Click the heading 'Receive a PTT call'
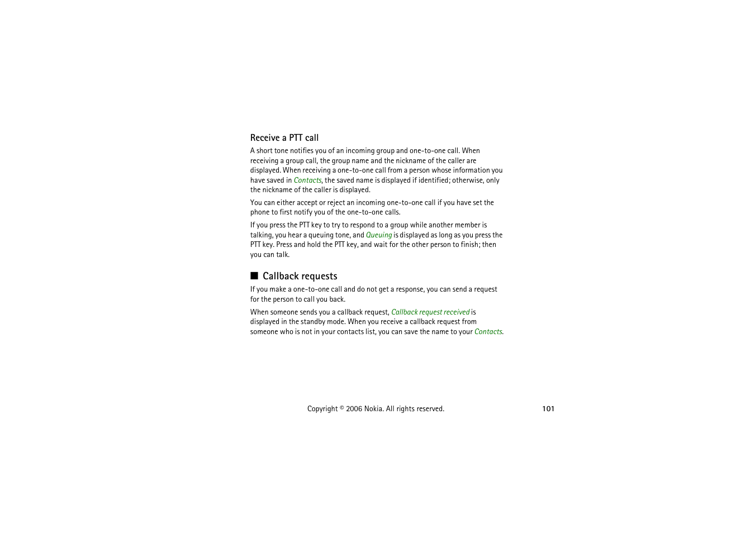pos(284,138)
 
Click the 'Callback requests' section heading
pos(300,276)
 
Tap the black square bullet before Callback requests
pos(254,275)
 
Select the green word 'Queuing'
pos(379,235)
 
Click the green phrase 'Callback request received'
pos(430,312)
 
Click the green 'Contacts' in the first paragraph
pos(307,180)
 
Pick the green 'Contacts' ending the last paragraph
pos(488,332)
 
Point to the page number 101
pos(548,409)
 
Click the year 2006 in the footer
pos(354,409)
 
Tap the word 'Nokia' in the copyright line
pos(373,409)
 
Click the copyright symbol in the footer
pos(341,408)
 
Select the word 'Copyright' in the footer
pos(322,409)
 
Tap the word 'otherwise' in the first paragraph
pos(468,180)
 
